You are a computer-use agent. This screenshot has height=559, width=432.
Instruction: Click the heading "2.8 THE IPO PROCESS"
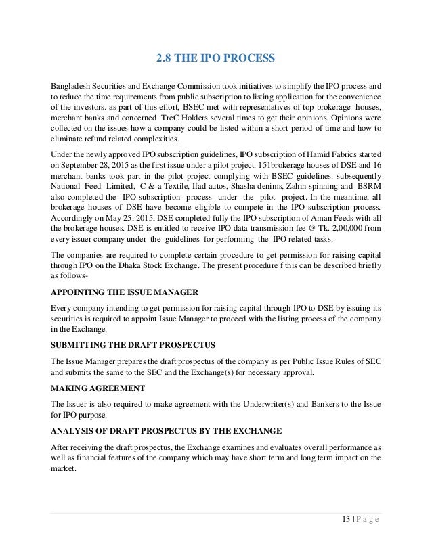click(x=215, y=58)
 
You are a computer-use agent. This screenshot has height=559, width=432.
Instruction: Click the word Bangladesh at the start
click(x=74, y=87)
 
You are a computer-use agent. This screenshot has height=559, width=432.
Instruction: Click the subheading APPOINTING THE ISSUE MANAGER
click(x=124, y=292)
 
